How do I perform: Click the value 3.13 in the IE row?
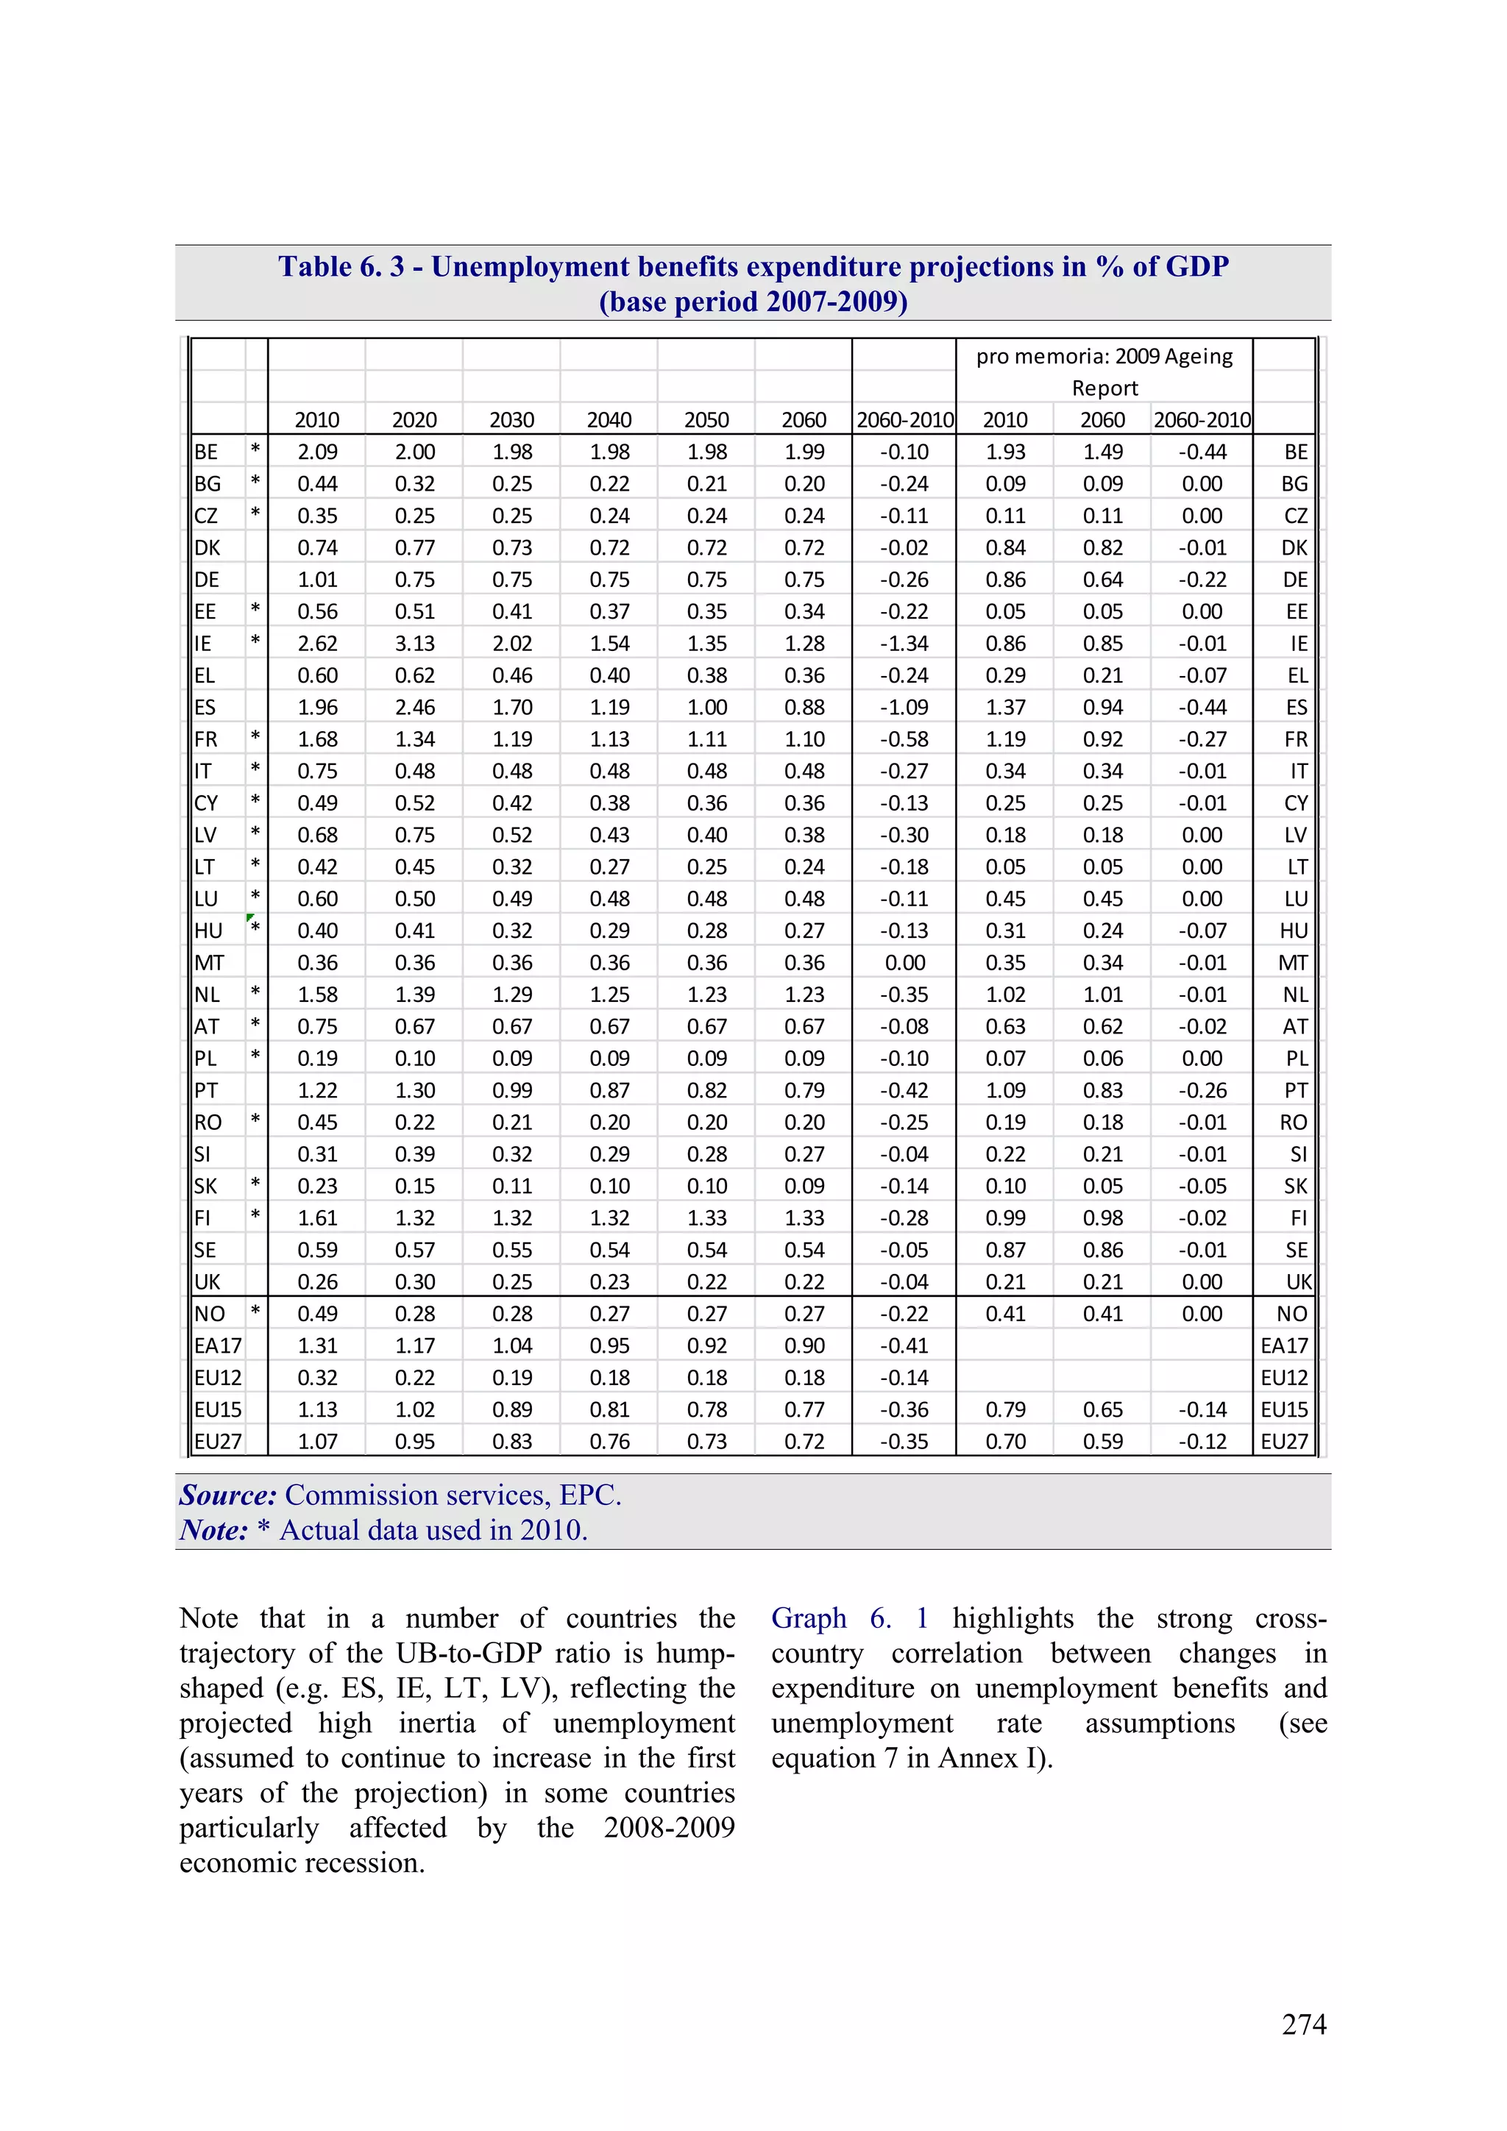coord(414,643)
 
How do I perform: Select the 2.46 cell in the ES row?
coord(414,707)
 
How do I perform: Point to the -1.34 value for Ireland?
coord(904,643)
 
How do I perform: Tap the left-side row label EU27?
coord(217,1442)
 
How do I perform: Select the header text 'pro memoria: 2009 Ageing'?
coord(1104,357)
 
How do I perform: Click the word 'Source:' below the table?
coord(228,1495)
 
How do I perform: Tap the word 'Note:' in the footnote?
coord(213,1531)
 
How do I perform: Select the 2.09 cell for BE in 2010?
coord(318,452)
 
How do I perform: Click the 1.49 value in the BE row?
coord(1102,452)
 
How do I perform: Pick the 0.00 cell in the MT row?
coord(904,962)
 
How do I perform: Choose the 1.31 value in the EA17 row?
coord(318,1346)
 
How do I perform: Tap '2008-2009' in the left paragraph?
coord(669,1827)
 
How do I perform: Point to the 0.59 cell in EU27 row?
coord(1102,1442)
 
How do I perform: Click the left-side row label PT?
coord(206,1091)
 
